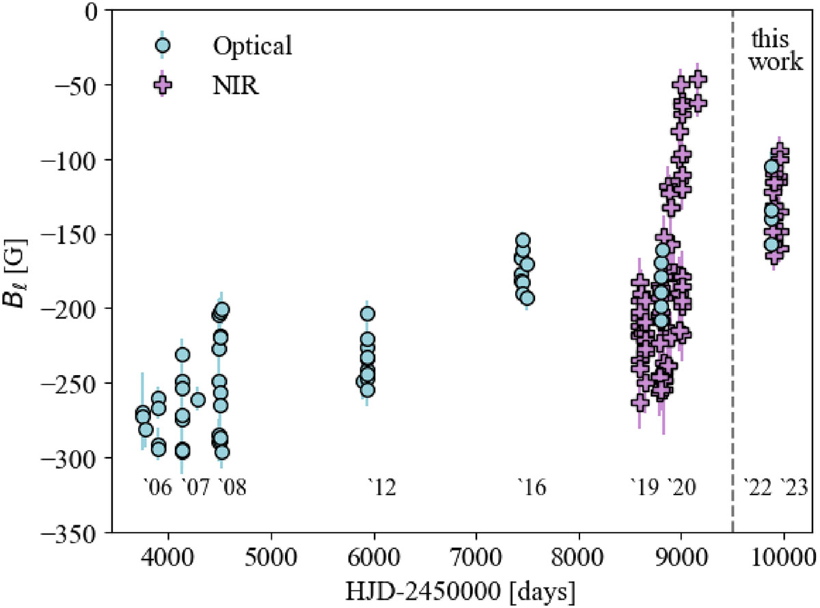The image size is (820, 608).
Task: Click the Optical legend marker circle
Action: [x=162, y=46]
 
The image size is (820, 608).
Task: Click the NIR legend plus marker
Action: [x=162, y=87]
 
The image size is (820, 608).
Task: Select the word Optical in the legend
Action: [x=252, y=46]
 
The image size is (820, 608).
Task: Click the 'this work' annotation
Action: [x=776, y=50]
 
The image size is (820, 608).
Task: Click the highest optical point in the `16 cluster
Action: [x=523, y=240]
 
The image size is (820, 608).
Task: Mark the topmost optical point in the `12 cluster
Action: [x=367, y=314]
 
